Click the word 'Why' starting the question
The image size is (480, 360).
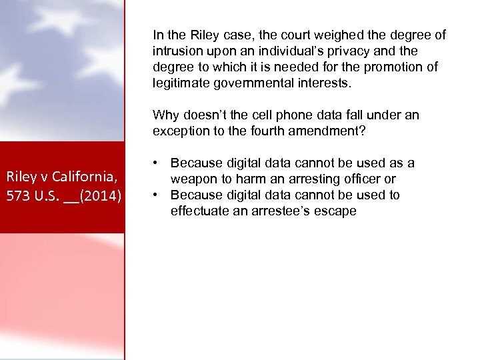pyautogui.click(x=164, y=115)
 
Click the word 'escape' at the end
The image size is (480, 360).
pyautogui.click(x=335, y=211)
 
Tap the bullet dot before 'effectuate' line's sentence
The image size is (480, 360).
pyautogui.click(x=155, y=195)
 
